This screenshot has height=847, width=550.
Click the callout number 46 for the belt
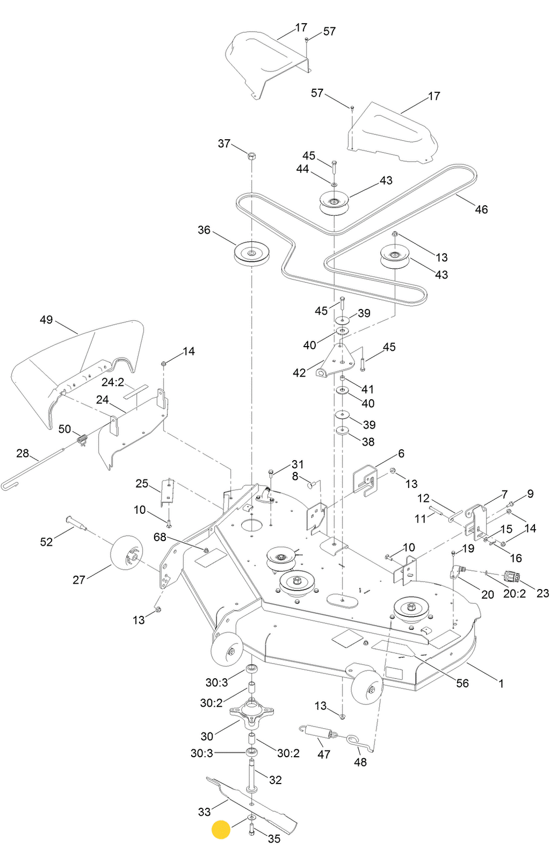coord(481,210)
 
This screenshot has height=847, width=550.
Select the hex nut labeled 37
coord(251,156)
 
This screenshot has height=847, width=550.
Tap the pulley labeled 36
coord(251,253)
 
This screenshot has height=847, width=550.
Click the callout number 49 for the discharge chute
coord(46,320)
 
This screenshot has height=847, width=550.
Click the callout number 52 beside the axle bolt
coord(47,542)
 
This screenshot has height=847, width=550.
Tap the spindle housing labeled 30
coord(251,714)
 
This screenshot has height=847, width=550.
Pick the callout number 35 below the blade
coord(274,838)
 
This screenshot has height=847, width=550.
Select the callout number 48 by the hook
coord(360,762)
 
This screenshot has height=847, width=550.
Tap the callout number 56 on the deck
coord(462,683)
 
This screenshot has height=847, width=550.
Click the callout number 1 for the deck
coord(501,684)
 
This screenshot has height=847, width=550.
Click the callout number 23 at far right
coord(542,593)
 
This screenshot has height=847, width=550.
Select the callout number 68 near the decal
coord(160,537)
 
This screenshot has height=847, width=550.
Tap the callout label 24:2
coord(113,382)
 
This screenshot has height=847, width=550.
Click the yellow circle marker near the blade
coord(221,829)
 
